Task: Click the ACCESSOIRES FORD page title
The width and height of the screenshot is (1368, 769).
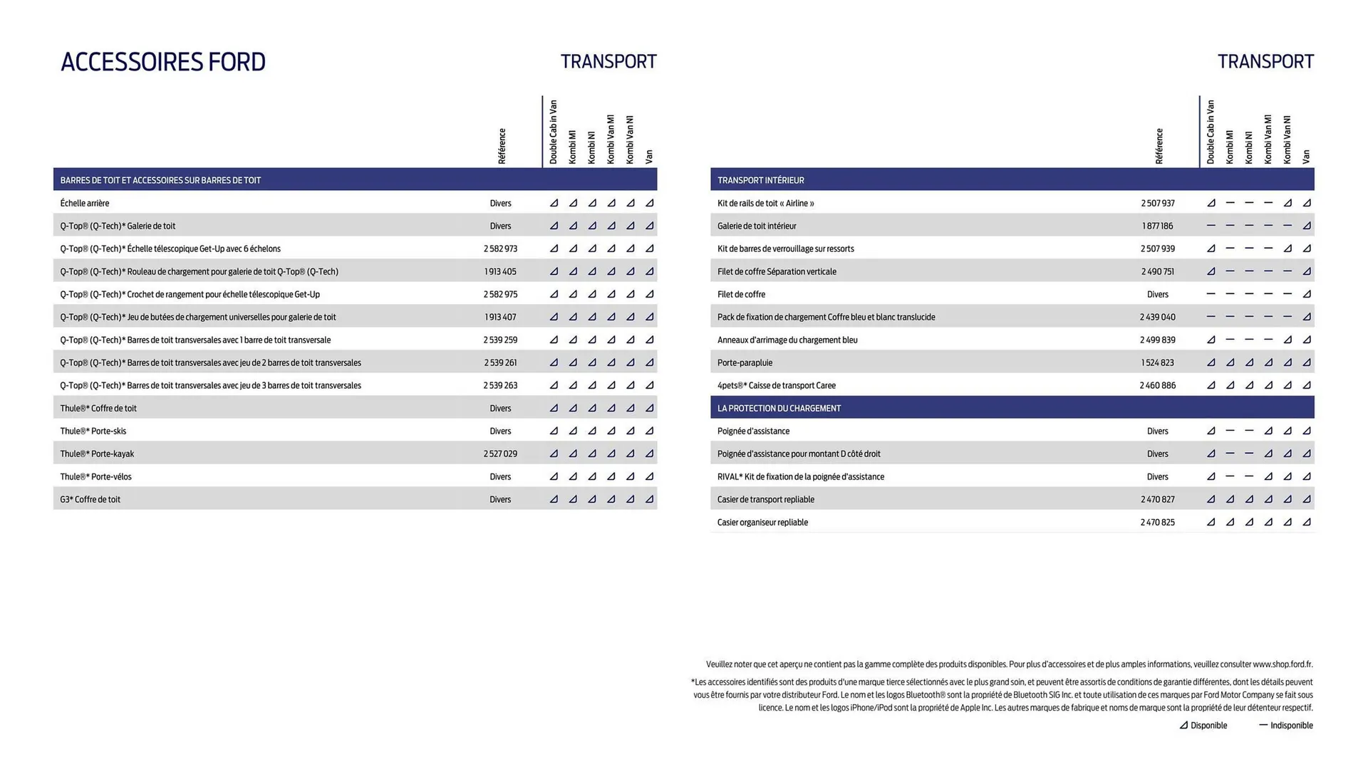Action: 162,62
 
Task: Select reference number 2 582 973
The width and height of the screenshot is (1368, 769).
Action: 500,249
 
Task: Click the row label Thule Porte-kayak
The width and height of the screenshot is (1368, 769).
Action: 97,454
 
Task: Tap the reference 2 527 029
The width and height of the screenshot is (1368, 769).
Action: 500,454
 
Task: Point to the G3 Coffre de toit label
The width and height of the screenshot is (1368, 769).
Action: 90,499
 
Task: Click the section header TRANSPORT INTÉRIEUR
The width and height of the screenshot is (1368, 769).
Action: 760,180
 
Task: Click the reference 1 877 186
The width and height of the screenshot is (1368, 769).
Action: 1157,226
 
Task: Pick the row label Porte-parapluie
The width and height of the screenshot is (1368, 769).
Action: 745,362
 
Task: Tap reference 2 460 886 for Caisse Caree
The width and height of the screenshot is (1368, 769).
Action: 1157,385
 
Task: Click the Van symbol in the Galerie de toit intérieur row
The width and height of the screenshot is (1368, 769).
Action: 1306,226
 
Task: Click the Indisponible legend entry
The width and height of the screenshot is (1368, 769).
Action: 1286,726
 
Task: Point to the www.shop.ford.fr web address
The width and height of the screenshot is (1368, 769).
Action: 1282,664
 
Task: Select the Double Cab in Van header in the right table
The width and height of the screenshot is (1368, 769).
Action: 1211,132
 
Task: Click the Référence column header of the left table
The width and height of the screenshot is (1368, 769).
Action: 502,146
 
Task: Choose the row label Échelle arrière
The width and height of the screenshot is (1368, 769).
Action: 85,203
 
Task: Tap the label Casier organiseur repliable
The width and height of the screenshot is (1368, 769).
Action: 762,522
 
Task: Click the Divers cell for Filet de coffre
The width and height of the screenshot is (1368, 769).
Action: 1157,294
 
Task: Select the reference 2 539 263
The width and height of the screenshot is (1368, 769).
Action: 500,385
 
